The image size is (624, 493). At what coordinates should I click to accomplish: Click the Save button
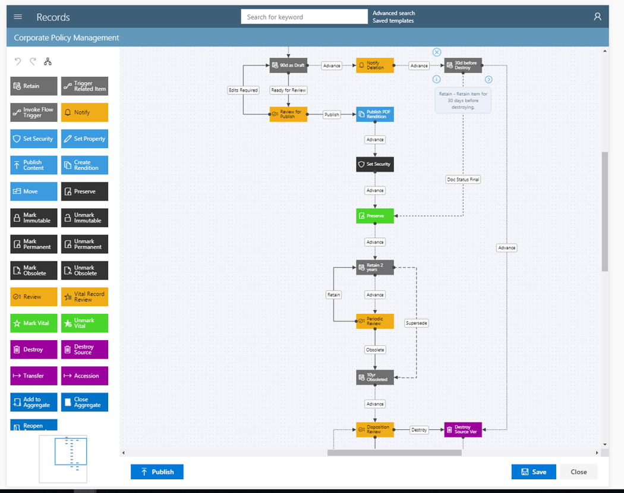click(533, 472)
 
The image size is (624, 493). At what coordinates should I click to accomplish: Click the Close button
click(578, 472)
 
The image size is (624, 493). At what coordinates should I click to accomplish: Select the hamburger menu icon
click(18, 17)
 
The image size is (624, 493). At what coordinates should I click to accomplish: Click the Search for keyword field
click(304, 17)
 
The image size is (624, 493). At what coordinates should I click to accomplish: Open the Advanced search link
click(393, 13)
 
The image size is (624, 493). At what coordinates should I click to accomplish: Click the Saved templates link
click(393, 21)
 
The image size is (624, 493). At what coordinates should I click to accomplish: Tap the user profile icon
click(597, 17)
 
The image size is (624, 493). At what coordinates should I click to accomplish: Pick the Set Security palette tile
click(34, 139)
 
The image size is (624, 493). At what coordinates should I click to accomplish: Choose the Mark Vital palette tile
click(34, 323)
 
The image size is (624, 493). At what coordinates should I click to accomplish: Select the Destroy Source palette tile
click(84, 349)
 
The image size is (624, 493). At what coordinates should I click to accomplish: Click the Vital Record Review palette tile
click(84, 297)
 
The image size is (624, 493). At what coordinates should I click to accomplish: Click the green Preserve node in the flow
click(374, 216)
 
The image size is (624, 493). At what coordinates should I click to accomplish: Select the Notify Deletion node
click(374, 65)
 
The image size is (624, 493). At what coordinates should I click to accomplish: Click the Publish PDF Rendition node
click(374, 114)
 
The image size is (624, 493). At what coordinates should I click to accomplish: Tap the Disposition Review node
click(374, 429)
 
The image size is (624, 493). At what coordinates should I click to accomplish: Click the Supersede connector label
click(416, 323)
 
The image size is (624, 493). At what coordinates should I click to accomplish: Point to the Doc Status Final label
click(462, 179)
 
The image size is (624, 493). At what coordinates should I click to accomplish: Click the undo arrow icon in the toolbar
click(18, 61)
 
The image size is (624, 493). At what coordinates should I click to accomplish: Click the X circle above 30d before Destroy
click(436, 52)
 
